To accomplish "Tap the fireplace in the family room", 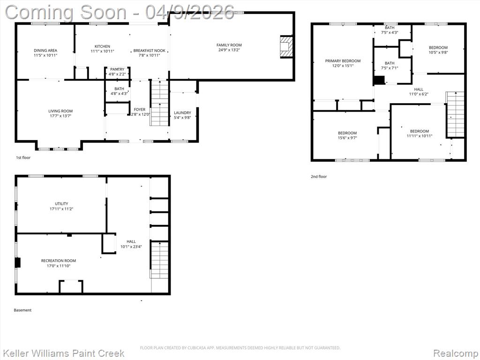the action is click(286, 47).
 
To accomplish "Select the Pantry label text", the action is click(117, 69).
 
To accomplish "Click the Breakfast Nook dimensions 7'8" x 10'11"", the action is click(150, 55).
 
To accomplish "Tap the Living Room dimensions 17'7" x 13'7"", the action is click(60, 116).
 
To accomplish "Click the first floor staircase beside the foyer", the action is click(159, 103).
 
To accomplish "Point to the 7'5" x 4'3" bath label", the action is click(390, 30).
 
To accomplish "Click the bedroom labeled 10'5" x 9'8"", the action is click(438, 50).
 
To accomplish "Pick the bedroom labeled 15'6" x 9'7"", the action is click(347, 135).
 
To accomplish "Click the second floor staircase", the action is click(456, 114).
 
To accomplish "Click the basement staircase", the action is click(159, 260).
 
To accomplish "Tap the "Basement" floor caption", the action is click(22, 310).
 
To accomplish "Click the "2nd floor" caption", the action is click(319, 177).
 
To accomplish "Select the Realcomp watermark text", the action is click(456, 353).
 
